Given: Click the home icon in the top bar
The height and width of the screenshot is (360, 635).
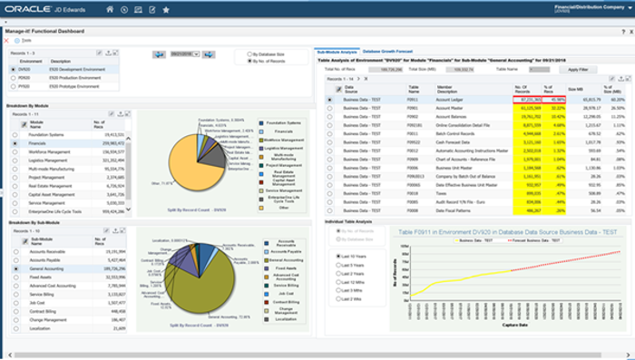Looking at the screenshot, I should [x=110, y=10].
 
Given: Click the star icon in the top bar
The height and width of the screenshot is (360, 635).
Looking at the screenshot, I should [x=165, y=10].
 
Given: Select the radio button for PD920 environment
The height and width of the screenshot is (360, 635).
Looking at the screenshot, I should [x=15, y=77].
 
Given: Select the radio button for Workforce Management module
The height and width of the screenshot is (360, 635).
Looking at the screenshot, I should [x=15, y=150].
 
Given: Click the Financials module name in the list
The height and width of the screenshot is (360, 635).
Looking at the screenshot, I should [x=41, y=142].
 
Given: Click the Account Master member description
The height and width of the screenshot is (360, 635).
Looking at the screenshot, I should [x=454, y=108].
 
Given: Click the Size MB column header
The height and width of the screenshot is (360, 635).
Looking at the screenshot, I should [x=572, y=89].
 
